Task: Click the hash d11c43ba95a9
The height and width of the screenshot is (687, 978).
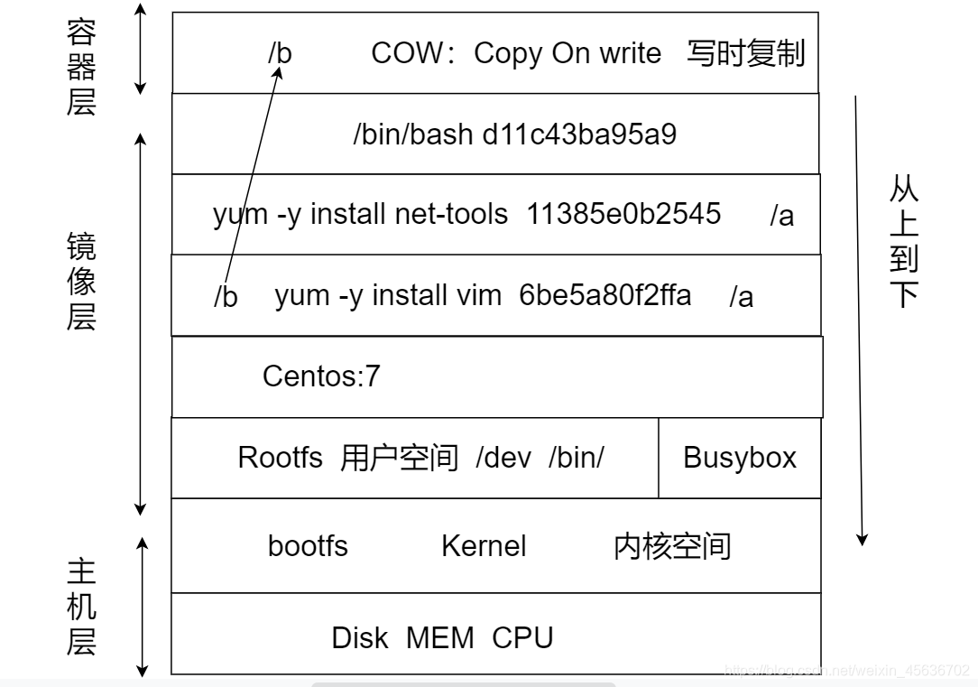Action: click(580, 135)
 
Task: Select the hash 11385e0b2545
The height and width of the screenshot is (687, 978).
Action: click(623, 214)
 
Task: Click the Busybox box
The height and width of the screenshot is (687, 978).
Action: click(740, 458)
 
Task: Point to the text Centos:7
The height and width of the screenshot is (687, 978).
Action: click(321, 376)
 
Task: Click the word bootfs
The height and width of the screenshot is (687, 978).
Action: click(308, 546)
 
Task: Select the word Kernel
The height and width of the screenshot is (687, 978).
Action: click(484, 546)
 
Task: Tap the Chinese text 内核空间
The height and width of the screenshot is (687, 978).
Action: click(672, 546)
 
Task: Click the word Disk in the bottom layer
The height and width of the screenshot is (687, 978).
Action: click(360, 638)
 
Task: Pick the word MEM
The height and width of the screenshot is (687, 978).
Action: click(439, 638)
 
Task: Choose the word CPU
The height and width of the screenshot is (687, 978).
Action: click(522, 638)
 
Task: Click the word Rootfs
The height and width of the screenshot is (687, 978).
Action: click(280, 458)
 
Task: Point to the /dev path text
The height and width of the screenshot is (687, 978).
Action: click(503, 458)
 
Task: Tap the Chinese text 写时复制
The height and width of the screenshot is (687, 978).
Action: click(745, 53)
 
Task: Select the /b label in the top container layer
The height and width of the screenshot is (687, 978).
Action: click(280, 53)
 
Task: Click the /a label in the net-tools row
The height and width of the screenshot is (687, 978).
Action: click(781, 216)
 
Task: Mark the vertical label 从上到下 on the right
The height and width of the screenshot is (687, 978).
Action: click(903, 241)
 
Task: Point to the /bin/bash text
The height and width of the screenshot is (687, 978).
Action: click(412, 135)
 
